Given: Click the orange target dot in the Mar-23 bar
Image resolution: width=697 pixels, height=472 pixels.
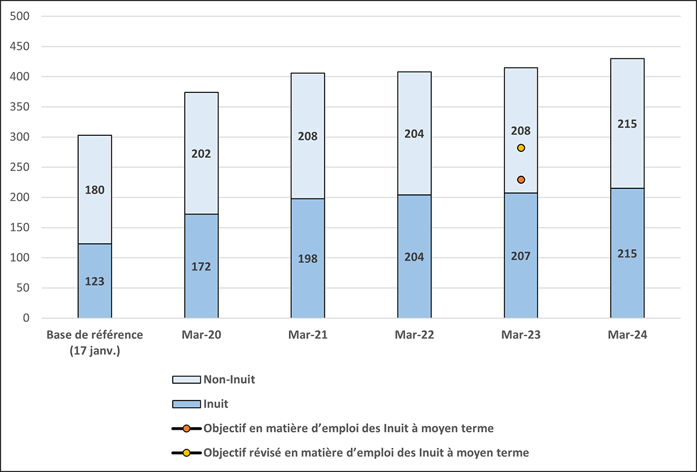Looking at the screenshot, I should [x=521, y=180].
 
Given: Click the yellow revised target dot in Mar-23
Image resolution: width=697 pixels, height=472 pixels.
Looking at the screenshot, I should [x=521, y=148].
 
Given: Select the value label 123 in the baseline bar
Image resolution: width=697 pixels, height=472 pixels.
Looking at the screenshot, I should [x=95, y=281].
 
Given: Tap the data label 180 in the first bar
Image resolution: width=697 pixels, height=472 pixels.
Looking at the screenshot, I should [x=95, y=190].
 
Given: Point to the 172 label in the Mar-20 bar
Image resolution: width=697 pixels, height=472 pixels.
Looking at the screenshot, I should [x=201, y=266].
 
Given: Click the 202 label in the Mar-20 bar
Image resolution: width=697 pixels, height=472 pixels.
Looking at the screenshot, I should [x=201, y=154].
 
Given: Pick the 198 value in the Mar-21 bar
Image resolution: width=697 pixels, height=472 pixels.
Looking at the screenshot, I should [x=308, y=259].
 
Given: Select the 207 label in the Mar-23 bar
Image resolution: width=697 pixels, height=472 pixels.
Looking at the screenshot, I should [x=521, y=256].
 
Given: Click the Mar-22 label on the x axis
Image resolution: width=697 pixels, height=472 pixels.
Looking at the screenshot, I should [x=414, y=335].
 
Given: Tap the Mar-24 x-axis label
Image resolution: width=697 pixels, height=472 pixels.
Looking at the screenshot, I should [x=627, y=335].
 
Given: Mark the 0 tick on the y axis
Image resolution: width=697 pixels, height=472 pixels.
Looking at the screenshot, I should [x=26, y=318].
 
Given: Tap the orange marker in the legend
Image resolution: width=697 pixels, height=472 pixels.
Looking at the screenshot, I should [x=186, y=428].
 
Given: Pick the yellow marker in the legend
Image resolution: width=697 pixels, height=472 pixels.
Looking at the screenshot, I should [x=186, y=453].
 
